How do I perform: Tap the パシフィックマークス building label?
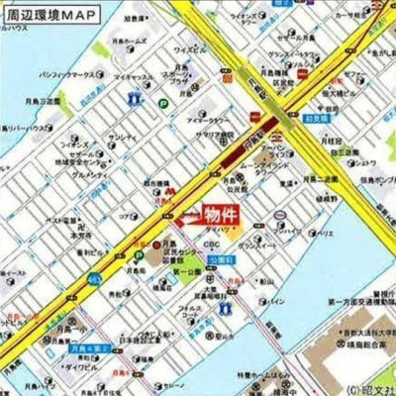69,75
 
